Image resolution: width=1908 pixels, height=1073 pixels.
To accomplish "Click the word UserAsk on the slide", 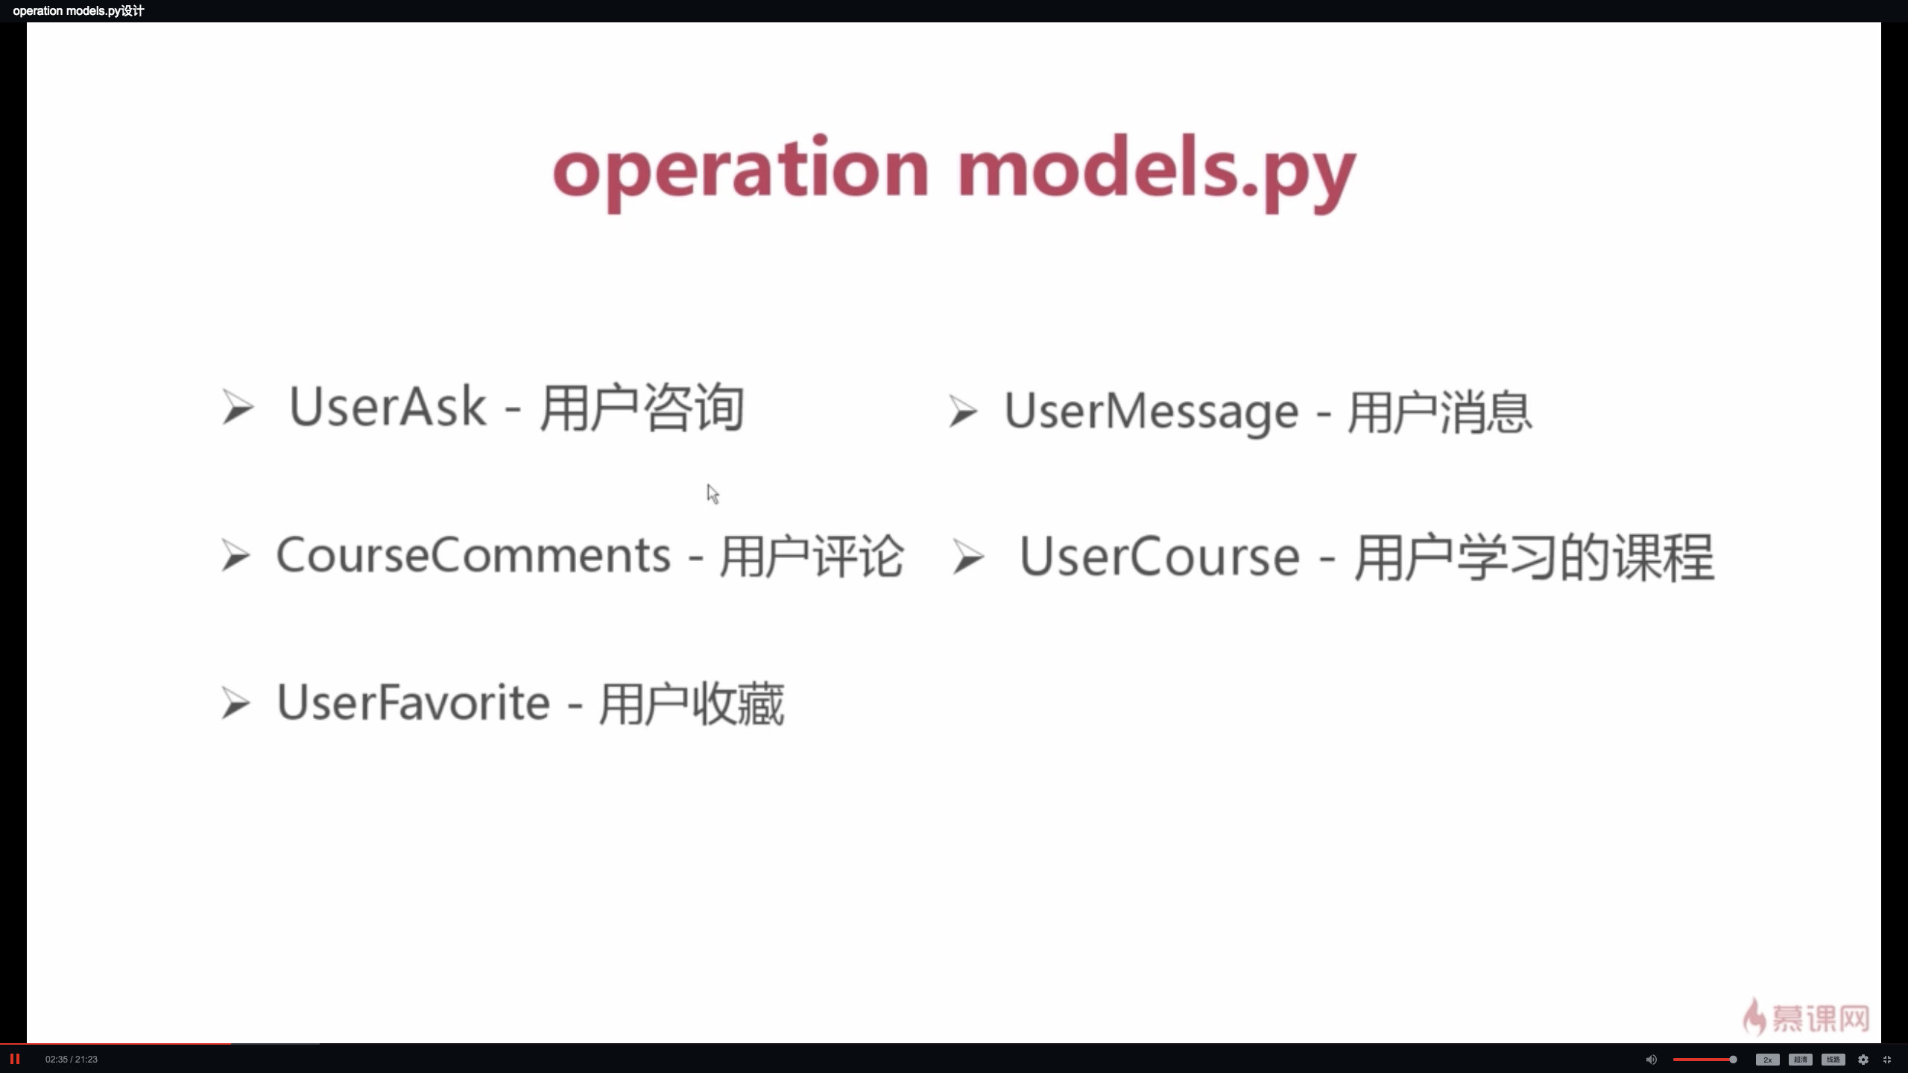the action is (x=387, y=407).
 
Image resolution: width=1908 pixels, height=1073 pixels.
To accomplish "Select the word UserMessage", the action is (x=1151, y=411).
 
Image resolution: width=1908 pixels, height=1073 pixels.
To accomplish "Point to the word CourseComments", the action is (x=473, y=556).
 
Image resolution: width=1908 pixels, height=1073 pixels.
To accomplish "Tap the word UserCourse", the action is (x=1159, y=557).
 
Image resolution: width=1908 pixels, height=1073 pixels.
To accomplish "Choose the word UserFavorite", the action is (x=413, y=703).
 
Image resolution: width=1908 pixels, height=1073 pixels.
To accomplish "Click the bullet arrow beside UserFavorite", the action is (x=236, y=704).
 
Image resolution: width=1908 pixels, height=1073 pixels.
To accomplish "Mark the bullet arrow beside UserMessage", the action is (x=962, y=412).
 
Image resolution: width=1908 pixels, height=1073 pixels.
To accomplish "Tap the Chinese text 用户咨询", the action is (x=642, y=408).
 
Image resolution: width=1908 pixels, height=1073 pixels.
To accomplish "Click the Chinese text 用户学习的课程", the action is (x=1534, y=557).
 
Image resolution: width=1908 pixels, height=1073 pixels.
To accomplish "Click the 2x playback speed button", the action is (x=1767, y=1060).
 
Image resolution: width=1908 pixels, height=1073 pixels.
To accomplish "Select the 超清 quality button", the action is (x=1800, y=1060).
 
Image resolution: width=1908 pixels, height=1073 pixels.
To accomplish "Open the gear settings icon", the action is (x=1863, y=1060).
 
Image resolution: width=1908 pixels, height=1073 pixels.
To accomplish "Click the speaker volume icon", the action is (x=1651, y=1060).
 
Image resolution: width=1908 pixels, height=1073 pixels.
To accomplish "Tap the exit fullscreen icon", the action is (x=1887, y=1060).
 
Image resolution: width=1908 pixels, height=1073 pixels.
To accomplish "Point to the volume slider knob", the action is (x=1733, y=1060).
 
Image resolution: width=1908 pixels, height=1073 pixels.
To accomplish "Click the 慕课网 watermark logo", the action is (x=1807, y=1018).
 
